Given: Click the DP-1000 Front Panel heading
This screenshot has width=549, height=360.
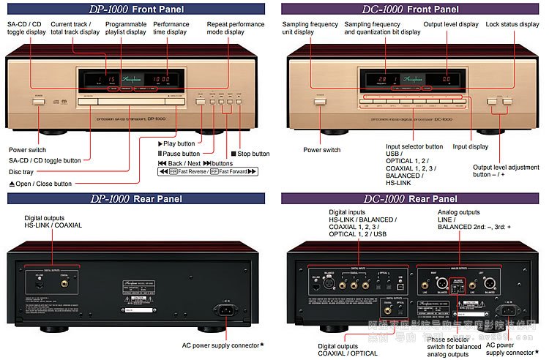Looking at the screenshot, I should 137,10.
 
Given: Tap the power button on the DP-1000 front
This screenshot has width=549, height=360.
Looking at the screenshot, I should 38,97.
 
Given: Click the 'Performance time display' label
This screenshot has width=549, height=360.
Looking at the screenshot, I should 171,28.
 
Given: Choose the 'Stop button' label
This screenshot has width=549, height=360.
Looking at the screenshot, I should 250,154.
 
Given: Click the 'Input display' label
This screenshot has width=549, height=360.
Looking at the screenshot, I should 470,146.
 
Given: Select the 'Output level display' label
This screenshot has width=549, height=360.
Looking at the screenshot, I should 451,24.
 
